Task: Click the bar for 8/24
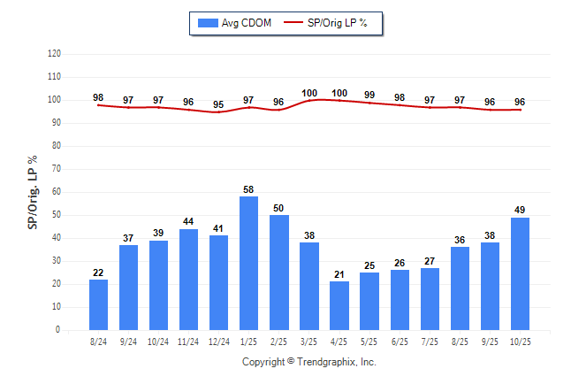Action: point(98,304)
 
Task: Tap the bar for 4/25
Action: point(339,305)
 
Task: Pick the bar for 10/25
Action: point(520,273)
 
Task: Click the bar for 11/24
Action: point(188,279)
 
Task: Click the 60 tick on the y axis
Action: point(56,192)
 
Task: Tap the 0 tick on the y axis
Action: point(58,330)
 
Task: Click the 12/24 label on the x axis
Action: point(218,341)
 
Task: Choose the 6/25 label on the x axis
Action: point(399,341)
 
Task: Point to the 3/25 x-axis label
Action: point(308,341)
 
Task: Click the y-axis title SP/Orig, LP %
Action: point(33,192)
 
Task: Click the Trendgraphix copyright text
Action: point(309,362)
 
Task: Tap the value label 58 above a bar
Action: point(248,190)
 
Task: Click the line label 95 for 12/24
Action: point(218,104)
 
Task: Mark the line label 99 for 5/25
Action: point(369,95)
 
